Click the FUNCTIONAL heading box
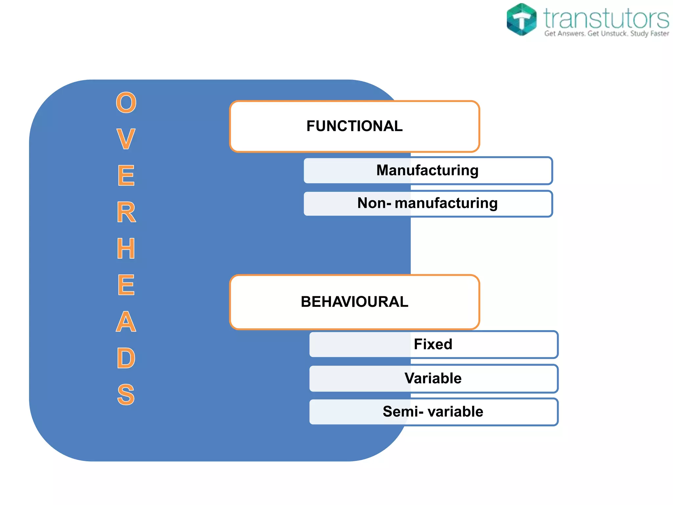(x=355, y=127)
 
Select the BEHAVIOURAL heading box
(x=355, y=302)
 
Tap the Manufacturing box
(x=428, y=171)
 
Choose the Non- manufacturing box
(x=428, y=204)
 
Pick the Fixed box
(x=433, y=345)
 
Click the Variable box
(x=433, y=378)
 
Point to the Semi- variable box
(x=433, y=412)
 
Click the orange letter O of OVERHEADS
(x=126, y=103)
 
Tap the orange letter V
(x=126, y=139)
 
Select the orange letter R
(x=126, y=212)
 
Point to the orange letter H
(x=126, y=249)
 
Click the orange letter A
(x=126, y=322)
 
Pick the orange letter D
(x=126, y=358)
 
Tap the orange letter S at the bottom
(x=126, y=395)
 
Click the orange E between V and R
(x=126, y=176)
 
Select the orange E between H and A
(x=126, y=285)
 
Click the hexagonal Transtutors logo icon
(x=522, y=19)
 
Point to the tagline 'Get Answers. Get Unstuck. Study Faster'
(x=607, y=34)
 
